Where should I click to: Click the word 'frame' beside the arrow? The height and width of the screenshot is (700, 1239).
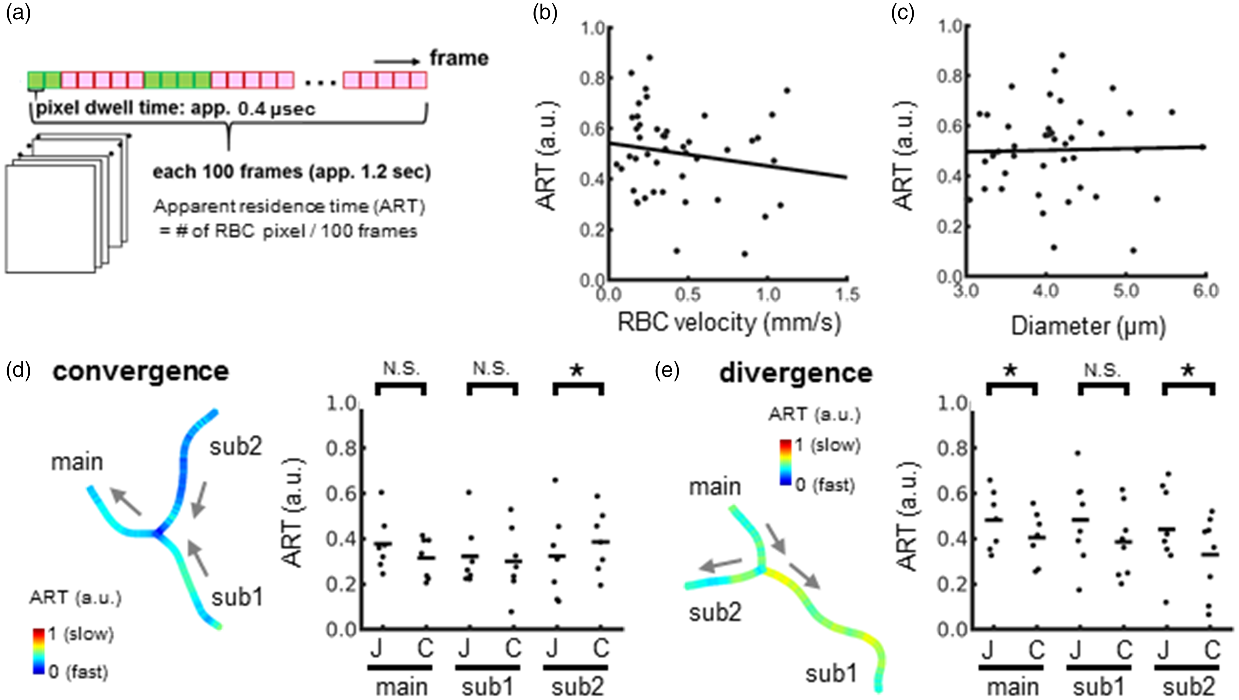coord(459,58)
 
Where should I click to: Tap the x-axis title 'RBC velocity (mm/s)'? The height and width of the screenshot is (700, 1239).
coord(729,323)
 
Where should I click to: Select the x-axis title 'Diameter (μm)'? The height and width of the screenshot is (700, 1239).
coord(1088,327)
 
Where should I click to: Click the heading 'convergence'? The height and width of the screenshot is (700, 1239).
coord(141,372)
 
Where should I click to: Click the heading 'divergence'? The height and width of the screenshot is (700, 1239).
coord(796,373)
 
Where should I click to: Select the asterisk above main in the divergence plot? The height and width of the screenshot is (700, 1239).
coord(1011,371)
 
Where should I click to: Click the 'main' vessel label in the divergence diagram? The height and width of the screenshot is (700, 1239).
coord(715,487)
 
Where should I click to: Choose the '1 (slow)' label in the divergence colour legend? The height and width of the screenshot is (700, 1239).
coord(827,446)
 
